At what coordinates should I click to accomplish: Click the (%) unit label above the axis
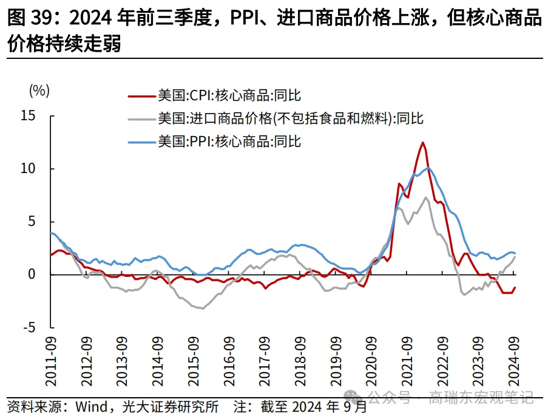[39, 91]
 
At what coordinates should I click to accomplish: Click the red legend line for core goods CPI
[141, 95]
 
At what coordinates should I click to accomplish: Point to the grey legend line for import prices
[141, 118]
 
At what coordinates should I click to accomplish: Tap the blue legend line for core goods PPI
[141, 142]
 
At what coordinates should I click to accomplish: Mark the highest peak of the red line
[422, 143]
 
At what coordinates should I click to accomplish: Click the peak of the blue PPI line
[428, 168]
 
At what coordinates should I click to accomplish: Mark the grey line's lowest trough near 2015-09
[201, 308]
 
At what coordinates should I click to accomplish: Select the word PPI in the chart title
[246, 19]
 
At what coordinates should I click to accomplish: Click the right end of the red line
[515, 288]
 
